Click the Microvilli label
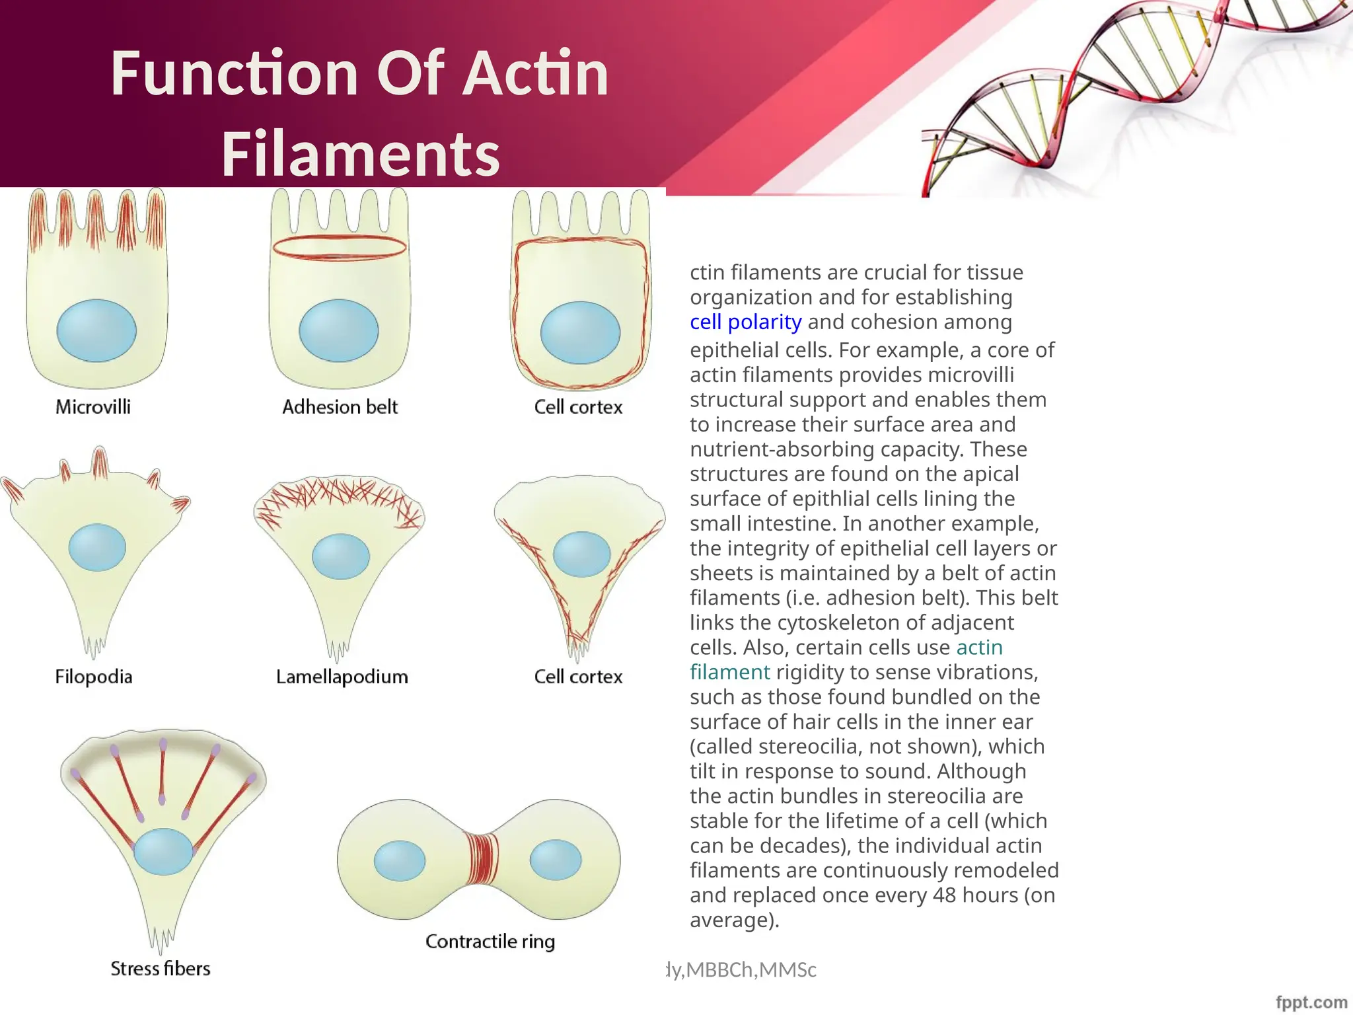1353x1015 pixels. [x=93, y=407]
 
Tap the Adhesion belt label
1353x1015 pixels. [x=340, y=407]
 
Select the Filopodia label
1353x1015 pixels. [x=93, y=677]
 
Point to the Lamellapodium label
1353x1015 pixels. [x=342, y=677]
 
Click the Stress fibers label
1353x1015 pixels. [x=160, y=969]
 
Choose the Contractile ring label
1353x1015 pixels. [x=490, y=941]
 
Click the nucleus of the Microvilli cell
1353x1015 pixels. [x=96, y=330]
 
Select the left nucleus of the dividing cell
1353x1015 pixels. [x=400, y=861]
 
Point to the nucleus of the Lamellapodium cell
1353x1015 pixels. [x=340, y=556]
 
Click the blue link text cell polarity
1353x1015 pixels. [x=745, y=322]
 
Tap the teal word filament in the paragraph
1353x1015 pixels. [x=729, y=673]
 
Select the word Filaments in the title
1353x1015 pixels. [x=361, y=154]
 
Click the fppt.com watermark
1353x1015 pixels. [x=1311, y=1002]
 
